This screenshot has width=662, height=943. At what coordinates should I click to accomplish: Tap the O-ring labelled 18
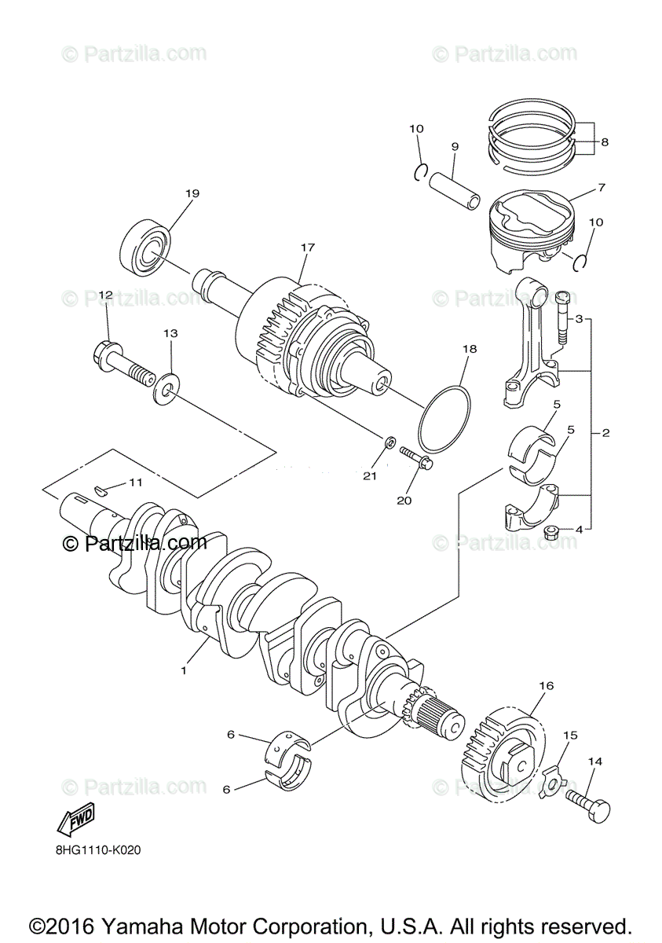pos(444,416)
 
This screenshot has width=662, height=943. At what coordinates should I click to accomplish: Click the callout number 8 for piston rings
pos(605,142)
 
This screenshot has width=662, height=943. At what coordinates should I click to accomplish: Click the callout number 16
pos(546,685)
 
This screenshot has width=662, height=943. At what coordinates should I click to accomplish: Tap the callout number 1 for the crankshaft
pos(183,671)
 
